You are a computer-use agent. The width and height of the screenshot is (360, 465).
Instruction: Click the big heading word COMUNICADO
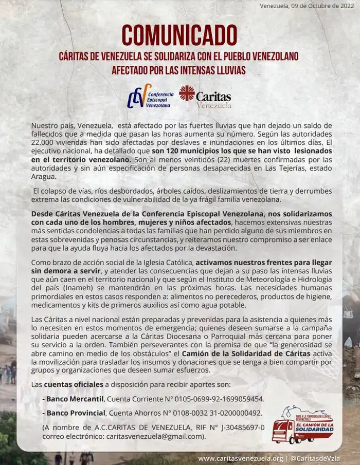click(x=179, y=35)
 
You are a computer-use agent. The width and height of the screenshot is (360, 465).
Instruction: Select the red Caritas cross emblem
click(x=187, y=94)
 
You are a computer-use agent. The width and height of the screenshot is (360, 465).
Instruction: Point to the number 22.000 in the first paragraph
click(x=44, y=142)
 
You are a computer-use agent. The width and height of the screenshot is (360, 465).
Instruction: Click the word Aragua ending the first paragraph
click(x=43, y=177)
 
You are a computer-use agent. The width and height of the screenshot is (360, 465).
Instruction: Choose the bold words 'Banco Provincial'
click(x=74, y=413)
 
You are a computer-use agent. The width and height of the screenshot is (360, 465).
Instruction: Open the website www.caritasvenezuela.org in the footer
click(x=241, y=458)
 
